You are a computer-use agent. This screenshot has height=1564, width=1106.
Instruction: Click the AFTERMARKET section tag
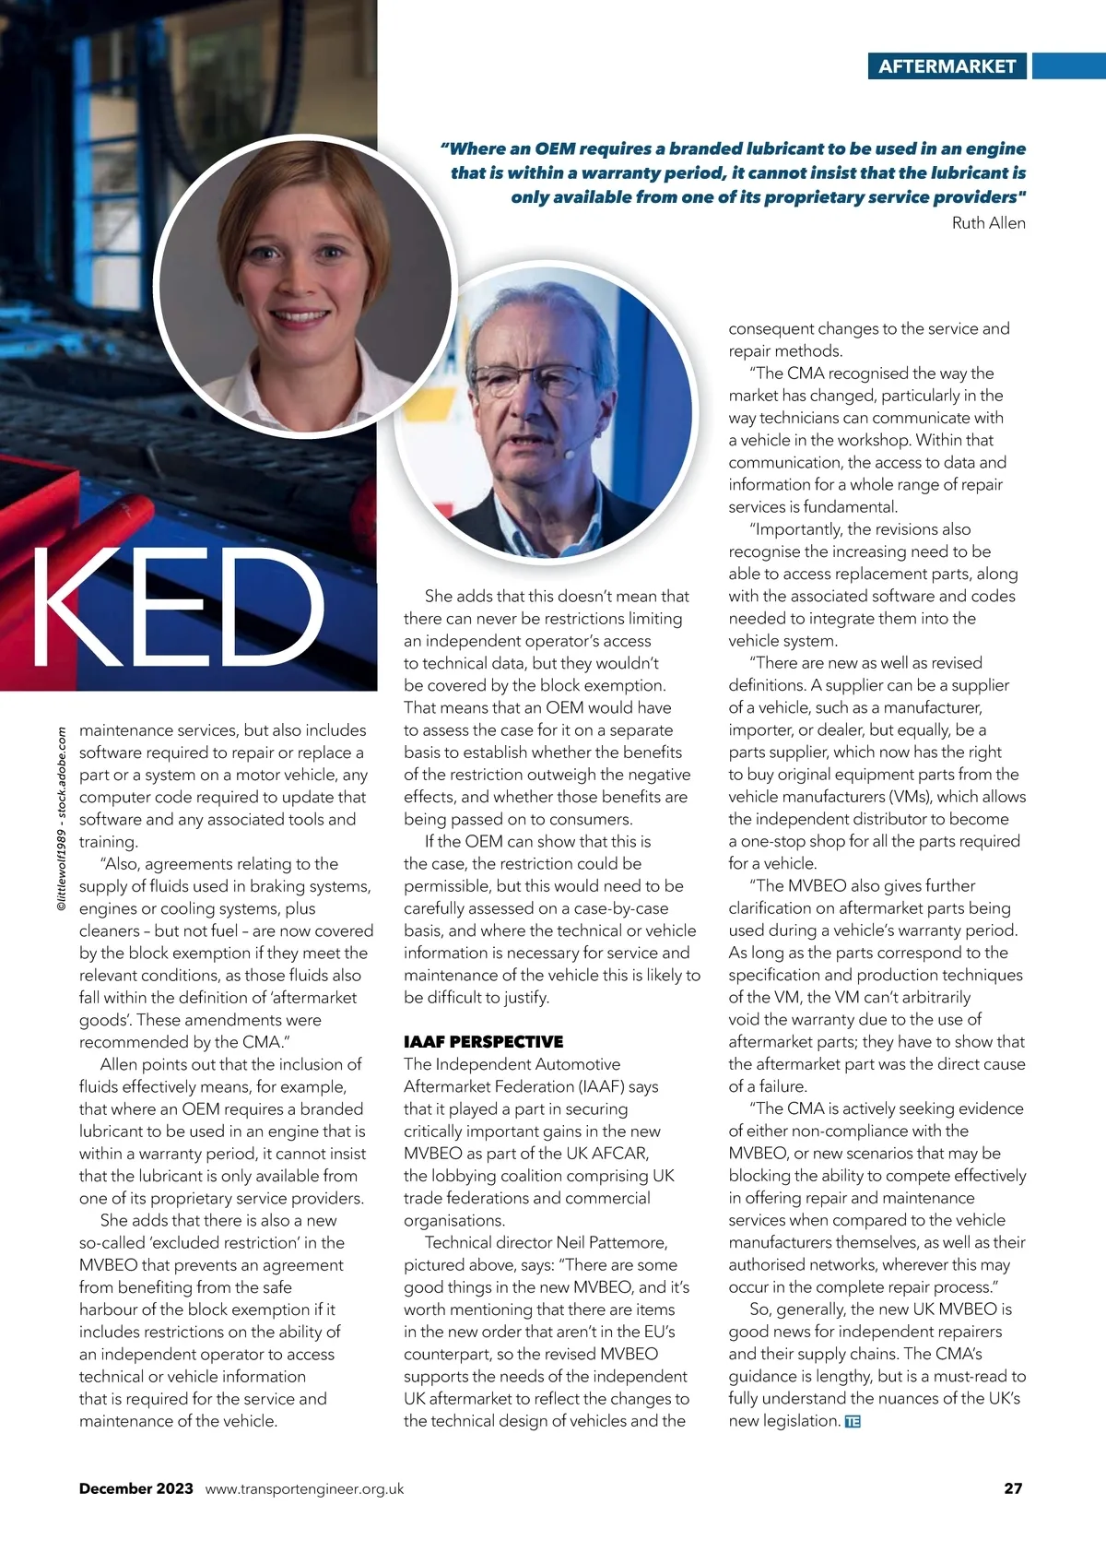pos(947,66)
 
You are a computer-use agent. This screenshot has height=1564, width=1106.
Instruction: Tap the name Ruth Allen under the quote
pos(988,222)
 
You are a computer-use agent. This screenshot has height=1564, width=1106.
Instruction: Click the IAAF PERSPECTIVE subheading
pos(483,1041)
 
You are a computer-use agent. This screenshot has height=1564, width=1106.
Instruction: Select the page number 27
pos(1013,1487)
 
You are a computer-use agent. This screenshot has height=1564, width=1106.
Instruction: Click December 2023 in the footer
pos(136,1487)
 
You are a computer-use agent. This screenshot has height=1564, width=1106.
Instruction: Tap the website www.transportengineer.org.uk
pos(304,1488)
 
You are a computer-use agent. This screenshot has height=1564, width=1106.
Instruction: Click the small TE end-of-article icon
pos(853,1421)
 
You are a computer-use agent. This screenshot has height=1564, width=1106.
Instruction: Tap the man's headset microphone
pos(570,454)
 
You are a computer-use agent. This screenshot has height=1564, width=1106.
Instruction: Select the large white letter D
pos(271,607)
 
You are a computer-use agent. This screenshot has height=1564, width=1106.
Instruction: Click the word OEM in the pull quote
pos(556,148)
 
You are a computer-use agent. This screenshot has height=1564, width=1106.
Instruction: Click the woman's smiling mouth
pos(300,315)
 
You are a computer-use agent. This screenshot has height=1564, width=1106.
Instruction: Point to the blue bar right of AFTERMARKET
pos(1068,66)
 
